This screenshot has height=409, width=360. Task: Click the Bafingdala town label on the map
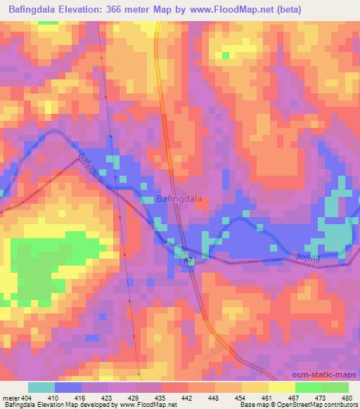[x=179, y=199]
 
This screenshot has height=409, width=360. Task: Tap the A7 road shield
[x=187, y=260]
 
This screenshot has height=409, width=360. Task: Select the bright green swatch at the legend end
[x=335, y=387]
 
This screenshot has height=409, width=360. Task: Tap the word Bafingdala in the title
[x=32, y=10]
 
